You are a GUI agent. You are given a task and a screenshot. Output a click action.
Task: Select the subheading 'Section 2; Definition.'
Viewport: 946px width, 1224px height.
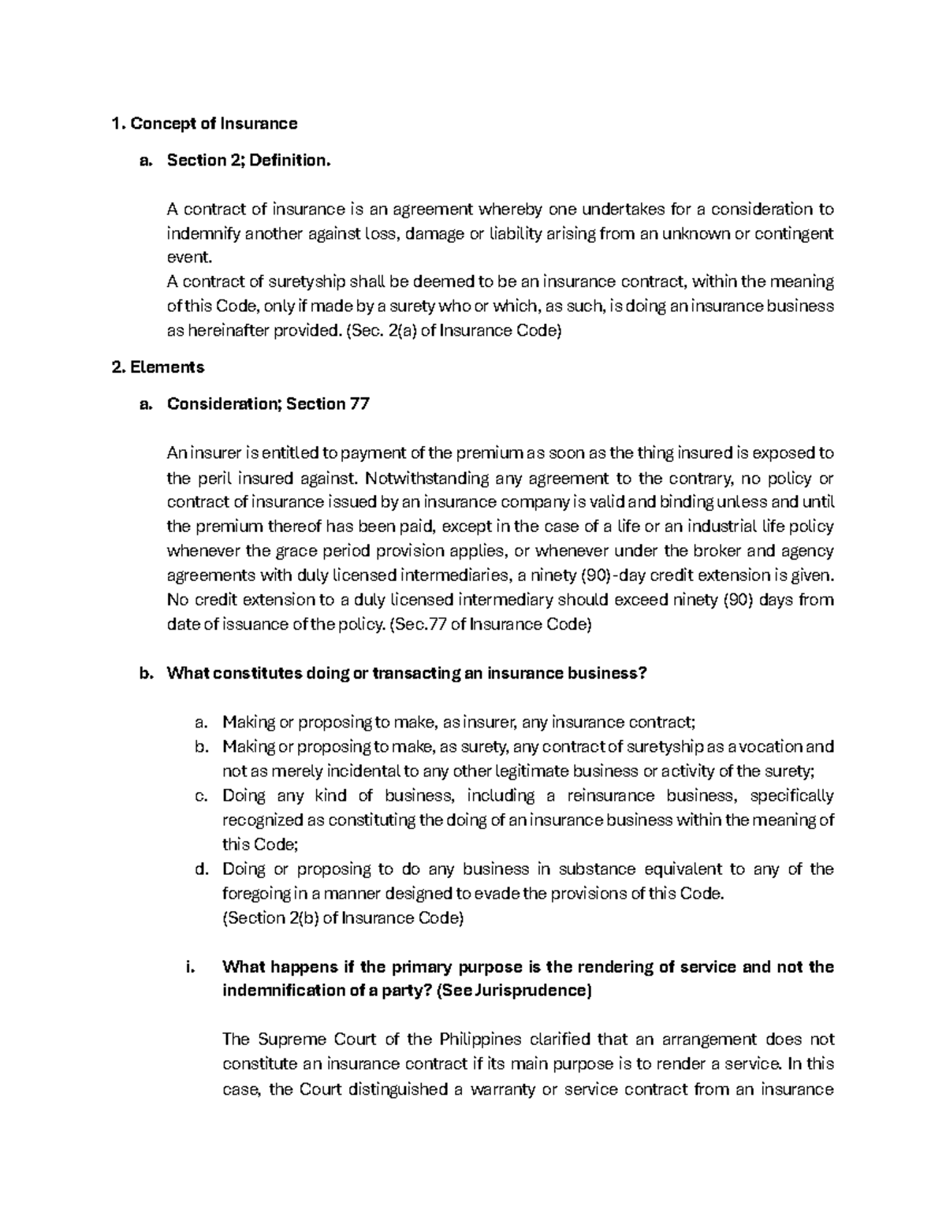point(245,161)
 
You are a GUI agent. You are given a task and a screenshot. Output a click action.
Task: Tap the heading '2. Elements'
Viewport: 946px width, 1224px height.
point(158,367)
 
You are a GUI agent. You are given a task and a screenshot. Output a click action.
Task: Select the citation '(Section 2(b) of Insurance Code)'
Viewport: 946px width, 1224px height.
point(344,918)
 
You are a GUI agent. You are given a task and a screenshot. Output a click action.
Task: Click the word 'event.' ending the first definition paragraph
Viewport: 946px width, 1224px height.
point(189,258)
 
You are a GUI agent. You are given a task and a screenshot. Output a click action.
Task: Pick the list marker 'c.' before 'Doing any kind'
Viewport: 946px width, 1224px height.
point(200,796)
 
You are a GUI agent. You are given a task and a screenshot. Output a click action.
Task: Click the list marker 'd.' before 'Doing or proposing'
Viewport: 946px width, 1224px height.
point(200,869)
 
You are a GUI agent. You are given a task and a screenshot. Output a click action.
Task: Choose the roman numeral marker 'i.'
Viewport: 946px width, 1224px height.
point(189,967)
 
